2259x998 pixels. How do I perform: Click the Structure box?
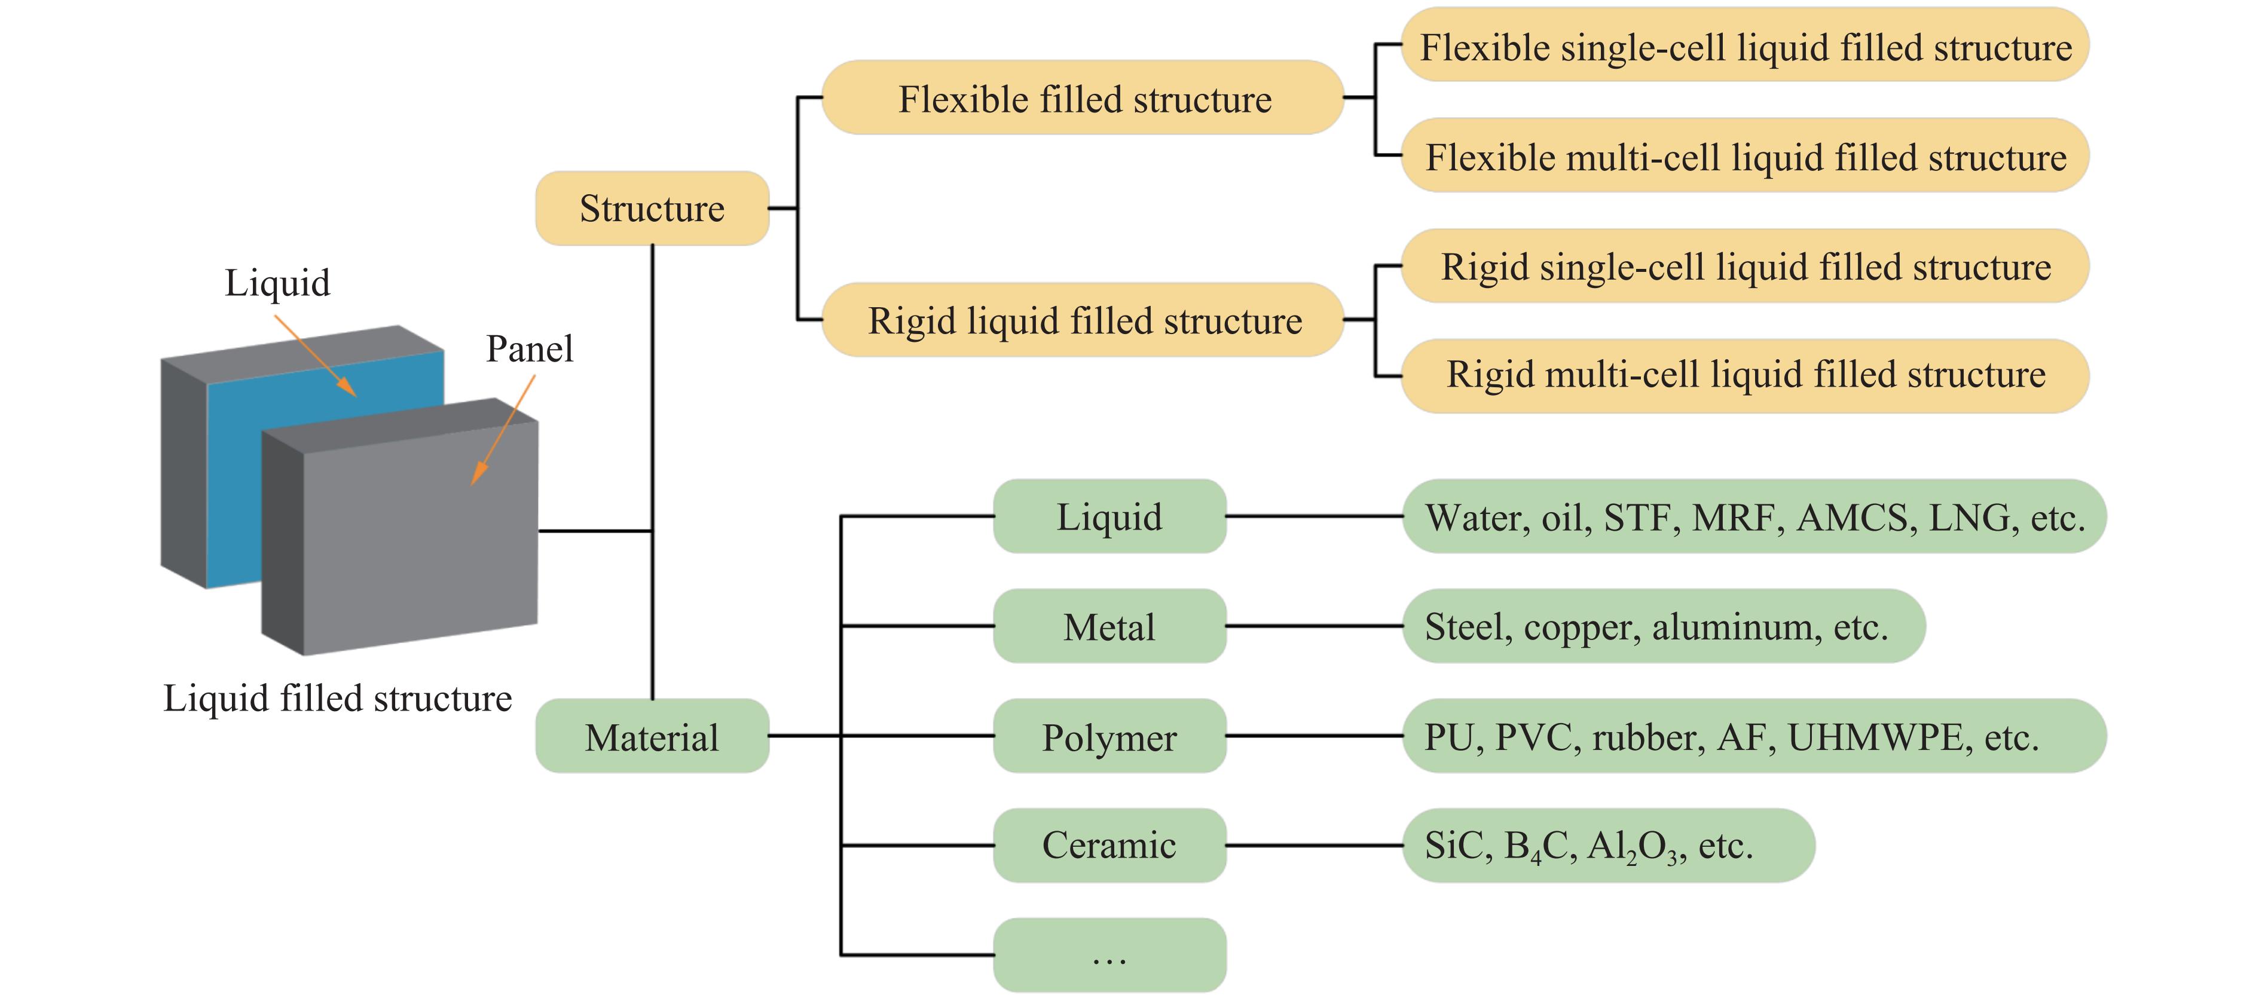(652, 209)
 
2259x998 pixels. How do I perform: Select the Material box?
(652, 737)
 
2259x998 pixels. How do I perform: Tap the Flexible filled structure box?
(1083, 98)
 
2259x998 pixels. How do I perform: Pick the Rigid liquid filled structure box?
(1083, 320)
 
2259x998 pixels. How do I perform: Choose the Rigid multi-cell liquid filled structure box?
(1745, 375)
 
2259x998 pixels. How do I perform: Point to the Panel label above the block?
(530, 349)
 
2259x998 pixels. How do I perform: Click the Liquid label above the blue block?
(277, 283)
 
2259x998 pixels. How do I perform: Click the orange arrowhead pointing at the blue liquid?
(348, 388)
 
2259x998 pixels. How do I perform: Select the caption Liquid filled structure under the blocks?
(338, 699)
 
